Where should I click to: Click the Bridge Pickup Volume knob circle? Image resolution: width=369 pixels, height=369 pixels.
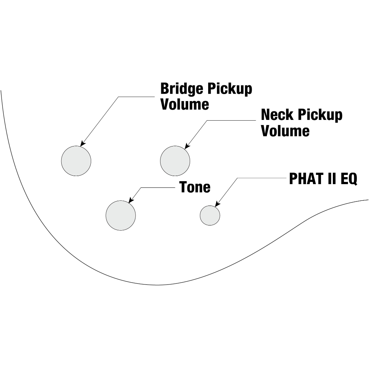pos(76,161)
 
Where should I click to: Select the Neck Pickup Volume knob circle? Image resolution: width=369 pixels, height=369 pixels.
pos(175,161)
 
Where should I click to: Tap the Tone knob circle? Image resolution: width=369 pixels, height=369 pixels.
pos(121,215)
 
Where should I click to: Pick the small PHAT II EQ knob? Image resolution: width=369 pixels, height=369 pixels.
pos(210,215)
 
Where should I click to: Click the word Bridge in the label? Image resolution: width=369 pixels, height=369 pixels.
pos(182,89)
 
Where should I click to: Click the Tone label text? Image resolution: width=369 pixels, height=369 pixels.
pos(195,187)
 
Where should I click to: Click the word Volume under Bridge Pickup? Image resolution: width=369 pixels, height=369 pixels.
pos(184,104)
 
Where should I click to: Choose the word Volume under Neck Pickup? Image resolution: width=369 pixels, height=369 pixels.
pos(285,131)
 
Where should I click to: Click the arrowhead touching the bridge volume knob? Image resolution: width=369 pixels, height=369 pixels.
pos(82,144)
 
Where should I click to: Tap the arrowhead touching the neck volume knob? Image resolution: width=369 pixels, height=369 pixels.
pos(187,146)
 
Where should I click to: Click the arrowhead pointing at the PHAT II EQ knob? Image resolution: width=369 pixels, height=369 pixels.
pos(217,204)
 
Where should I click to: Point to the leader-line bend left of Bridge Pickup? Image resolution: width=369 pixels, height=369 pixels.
pos(118,97)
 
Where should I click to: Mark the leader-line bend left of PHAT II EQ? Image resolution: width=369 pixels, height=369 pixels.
pos(237,178)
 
